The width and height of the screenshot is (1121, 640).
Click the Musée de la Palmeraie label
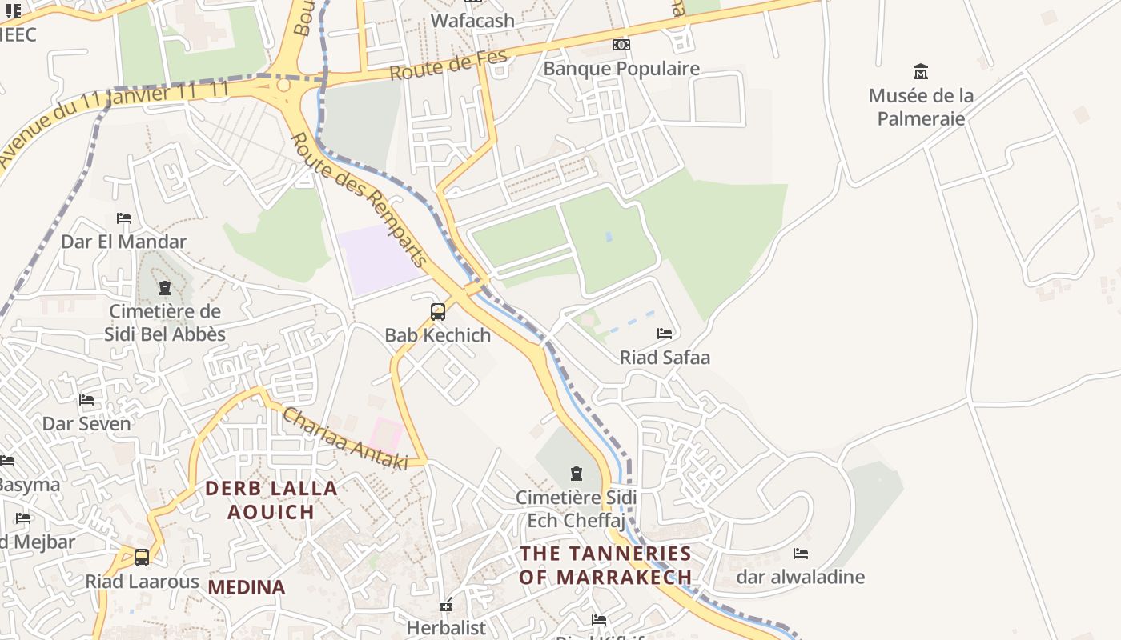pyautogui.click(x=921, y=107)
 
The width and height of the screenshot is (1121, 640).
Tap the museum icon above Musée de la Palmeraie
pyautogui.click(x=921, y=72)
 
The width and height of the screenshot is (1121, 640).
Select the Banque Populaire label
pyautogui.click(x=621, y=69)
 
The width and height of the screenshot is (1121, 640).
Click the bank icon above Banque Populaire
pyautogui.click(x=621, y=45)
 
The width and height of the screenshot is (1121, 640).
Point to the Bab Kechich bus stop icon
pyautogui.click(x=438, y=312)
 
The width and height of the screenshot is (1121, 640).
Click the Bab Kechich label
pyautogui.click(x=438, y=335)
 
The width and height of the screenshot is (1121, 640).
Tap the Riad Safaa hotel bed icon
pyautogui.click(x=665, y=334)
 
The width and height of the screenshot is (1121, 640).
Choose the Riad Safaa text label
pyautogui.click(x=665, y=358)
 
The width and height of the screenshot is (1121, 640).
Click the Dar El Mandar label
pyautogui.click(x=124, y=242)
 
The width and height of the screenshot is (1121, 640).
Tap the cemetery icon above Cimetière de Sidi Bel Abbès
pyautogui.click(x=165, y=288)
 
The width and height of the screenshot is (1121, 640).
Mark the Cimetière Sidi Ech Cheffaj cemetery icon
pyautogui.click(x=576, y=474)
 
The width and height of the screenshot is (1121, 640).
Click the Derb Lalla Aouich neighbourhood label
pyautogui.click(x=271, y=500)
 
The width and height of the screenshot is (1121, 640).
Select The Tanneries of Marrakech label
pyautogui.click(x=605, y=565)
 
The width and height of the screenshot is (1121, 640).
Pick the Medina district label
pyautogui.click(x=247, y=587)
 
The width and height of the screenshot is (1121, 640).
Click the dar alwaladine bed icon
pyautogui.click(x=801, y=554)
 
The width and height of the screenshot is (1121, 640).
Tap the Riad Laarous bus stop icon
pyautogui.click(x=142, y=558)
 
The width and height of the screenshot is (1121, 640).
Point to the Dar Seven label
pyautogui.click(x=86, y=424)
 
